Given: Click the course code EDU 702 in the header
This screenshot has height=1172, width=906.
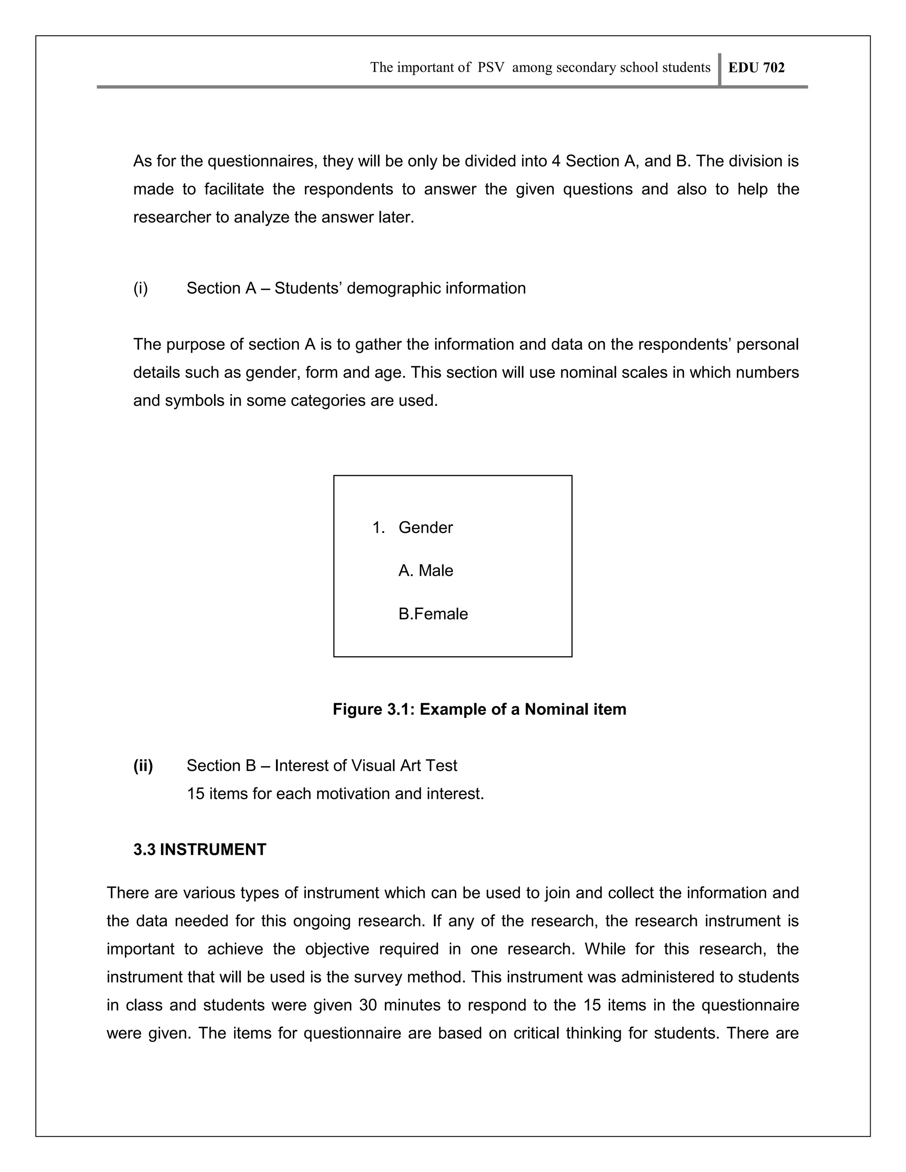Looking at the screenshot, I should (756, 68).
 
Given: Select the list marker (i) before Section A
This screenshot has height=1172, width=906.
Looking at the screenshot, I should (141, 288).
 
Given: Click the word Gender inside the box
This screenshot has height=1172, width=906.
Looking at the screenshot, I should (425, 528).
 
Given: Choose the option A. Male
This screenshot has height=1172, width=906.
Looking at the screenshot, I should (426, 571).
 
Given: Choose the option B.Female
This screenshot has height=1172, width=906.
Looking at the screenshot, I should (433, 614).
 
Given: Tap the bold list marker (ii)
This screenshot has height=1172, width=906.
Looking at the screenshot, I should (143, 766).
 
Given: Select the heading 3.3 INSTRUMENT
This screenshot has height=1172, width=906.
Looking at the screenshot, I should (200, 850).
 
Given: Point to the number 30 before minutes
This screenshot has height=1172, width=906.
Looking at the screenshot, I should (368, 1005).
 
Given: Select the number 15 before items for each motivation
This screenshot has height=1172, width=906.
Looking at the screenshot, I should (196, 794).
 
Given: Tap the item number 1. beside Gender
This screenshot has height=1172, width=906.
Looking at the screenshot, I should (378, 528).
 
